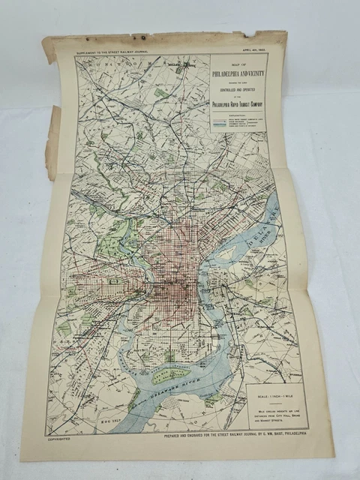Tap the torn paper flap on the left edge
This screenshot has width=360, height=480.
click(52, 142)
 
